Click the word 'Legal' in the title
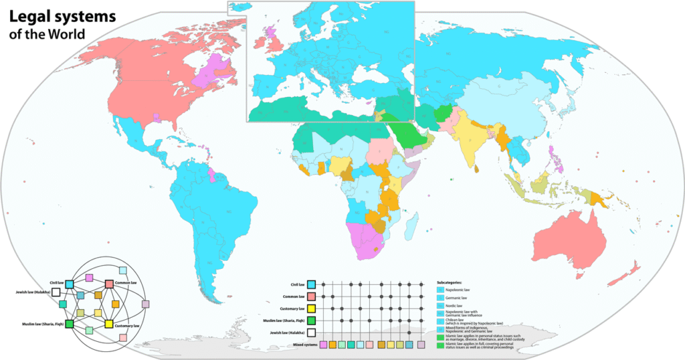[x=30, y=15]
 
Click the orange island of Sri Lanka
[x=478, y=169]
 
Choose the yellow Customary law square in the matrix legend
[x=310, y=308]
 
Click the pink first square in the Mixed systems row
[x=324, y=345]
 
